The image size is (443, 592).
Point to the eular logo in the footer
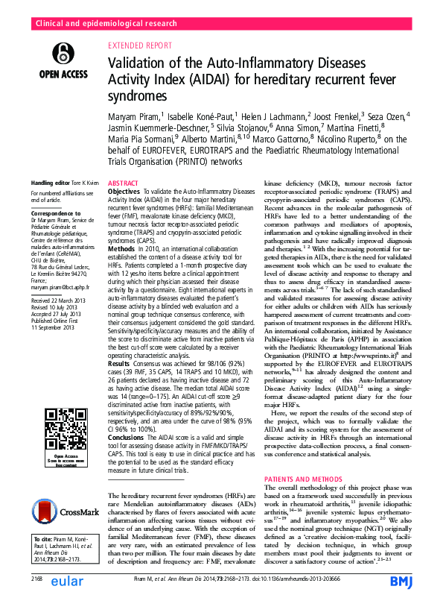[x=69, y=579]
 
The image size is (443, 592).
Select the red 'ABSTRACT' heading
[x=124, y=182]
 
